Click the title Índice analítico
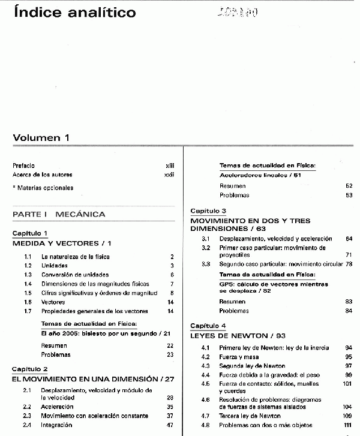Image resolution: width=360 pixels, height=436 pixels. pos(74,12)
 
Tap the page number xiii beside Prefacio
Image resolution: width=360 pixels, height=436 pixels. pos(169,165)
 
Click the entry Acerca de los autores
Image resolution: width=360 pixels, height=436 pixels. pos(42,175)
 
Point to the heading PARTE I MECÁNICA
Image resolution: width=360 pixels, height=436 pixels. pos(59,214)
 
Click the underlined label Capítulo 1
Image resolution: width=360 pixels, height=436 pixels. pos(30,233)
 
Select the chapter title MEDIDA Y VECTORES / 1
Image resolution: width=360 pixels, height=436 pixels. pos(62,243)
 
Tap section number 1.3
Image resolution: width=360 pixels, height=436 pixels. pos(28,275)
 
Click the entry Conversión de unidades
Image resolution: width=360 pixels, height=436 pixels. pos(75,275)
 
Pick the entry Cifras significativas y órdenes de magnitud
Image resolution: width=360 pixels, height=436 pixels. pos(99,293)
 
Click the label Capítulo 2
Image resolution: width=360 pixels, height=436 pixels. pos(30,369)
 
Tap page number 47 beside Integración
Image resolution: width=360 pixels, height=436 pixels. pos(170,425)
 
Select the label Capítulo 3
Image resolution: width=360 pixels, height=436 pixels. pos(208,211)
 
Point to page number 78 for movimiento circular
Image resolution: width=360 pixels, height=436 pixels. pos(348,264)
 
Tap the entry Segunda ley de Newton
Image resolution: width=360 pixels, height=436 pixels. pos(252,366)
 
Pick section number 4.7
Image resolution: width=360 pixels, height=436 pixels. pos(205,416)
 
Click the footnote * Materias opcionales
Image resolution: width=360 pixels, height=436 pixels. pos(43,188)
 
